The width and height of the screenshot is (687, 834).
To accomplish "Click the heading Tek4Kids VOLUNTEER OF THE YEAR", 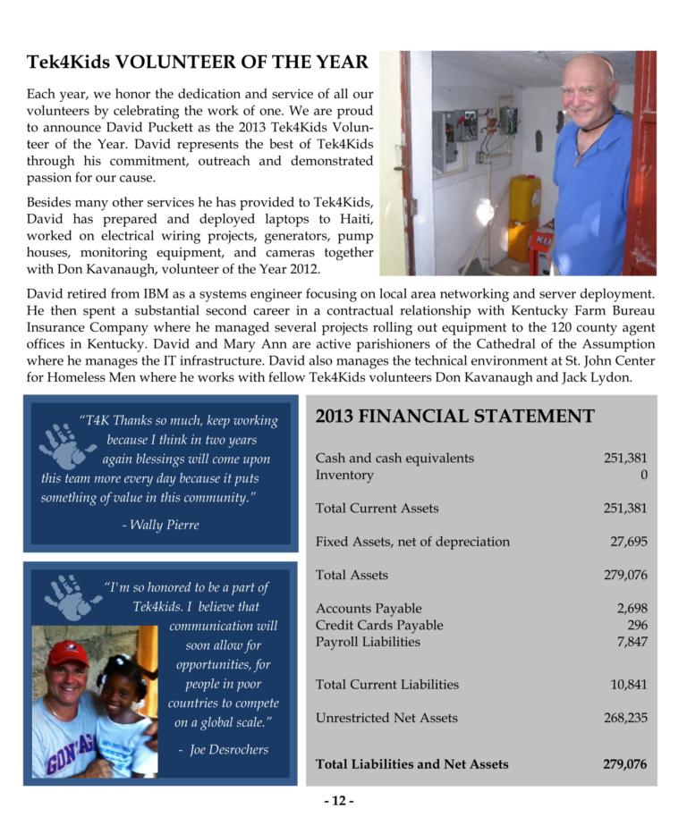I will pyautogui.click(x=197, y=62).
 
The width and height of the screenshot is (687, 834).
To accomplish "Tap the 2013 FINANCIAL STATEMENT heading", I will pyautogui.click(x=454, y=416).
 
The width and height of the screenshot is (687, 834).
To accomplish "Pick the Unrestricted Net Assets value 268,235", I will pyautogui.click(x=624, y=718).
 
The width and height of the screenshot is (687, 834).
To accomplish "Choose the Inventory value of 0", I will pyautogui.click(x=643, y=475).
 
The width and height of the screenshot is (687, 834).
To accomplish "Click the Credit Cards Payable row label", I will pyautogui.click(x=379, y=625).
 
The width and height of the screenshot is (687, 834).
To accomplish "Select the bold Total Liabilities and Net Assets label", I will pyautogui.click(x=411, y=764).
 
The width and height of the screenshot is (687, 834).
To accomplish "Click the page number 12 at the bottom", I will pyautogui.click(x=339, y=801).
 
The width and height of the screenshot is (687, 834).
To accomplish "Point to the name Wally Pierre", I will pyautogui.click(x=160, y=525).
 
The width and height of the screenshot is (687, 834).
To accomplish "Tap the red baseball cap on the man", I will pyautogui.click(x=68, y=653).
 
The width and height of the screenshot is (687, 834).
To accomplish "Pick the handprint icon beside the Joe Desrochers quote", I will pyautogui.click(x=69, y=596).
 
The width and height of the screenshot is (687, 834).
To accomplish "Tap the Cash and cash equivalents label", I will pyautogui.click(x=394, y=458).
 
